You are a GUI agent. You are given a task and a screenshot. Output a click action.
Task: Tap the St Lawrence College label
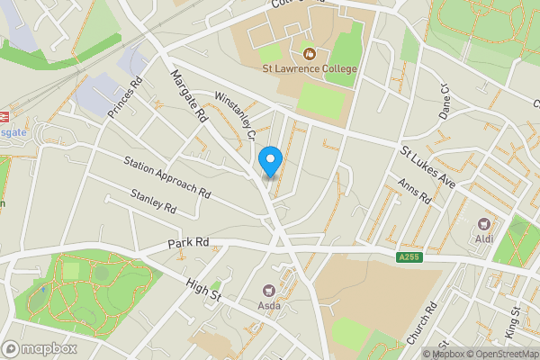coord(310,68)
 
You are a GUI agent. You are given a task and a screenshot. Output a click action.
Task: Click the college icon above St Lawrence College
coord(310,54)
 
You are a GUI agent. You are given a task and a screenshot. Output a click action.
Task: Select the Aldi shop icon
coord(484,224)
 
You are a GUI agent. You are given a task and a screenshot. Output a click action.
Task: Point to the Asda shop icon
coord(268,290)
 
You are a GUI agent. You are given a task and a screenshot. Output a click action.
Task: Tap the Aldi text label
coord(484,239)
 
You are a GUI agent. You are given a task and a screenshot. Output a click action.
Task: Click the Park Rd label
coord(188,243)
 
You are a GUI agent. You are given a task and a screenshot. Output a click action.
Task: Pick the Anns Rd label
coord(414,191)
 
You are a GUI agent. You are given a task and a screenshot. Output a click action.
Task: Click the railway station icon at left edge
coord(4,116)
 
